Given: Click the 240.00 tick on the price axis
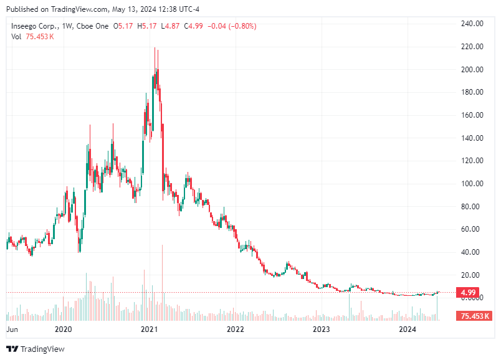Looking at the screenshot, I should (471, 24).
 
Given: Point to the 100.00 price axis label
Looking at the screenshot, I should (471, 184).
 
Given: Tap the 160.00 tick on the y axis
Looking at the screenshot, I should (471, 115).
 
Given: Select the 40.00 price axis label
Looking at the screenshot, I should (471, 252).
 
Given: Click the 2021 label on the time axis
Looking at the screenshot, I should (148, 329).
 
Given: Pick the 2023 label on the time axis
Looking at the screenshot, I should (321, 329).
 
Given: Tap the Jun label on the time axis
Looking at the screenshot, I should (12, 329).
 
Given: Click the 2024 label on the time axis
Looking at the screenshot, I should (408, 329).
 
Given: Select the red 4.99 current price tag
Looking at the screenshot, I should (469, 293).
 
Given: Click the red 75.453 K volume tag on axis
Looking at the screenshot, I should (474, 316).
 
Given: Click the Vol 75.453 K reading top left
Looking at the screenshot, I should (32, 37).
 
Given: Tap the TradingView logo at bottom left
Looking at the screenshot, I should (36, 349).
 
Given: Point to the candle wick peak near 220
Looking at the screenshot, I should (155, 49).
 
